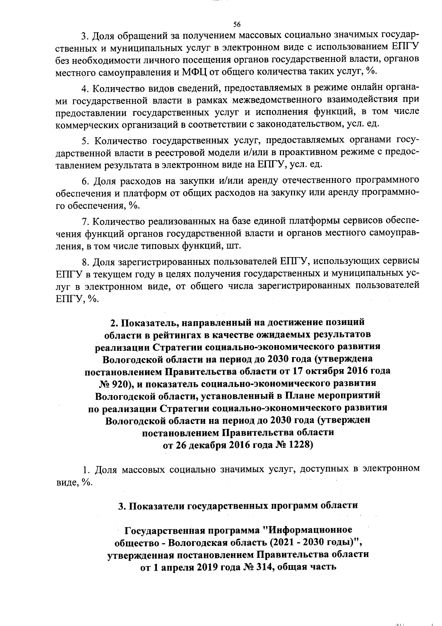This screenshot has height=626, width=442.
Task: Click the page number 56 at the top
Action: pyautogui.click(x=237, y=24)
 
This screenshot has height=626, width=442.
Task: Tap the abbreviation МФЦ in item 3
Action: pyautogui.click(x=195, y=72)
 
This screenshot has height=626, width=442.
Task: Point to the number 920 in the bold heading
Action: pyautogui.click(x=118, y=384)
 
